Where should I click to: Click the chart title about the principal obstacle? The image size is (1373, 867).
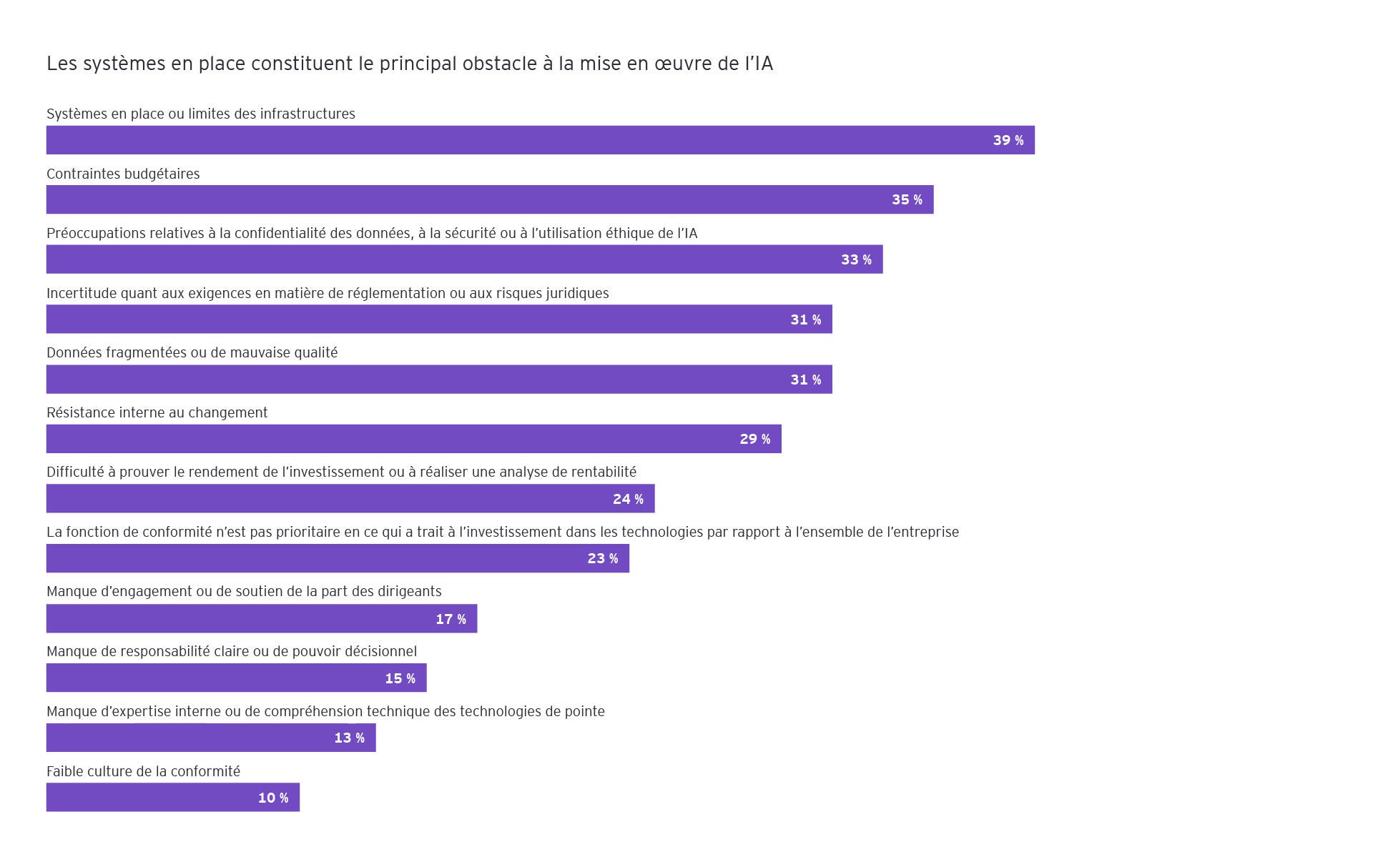tap(409, 64)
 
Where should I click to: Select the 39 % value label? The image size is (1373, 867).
tap(1008, 140)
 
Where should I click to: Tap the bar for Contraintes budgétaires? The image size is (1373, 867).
tap(489, 199)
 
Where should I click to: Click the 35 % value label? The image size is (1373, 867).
tap(907, 200)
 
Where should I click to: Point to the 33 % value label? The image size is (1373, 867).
tap(856, 259)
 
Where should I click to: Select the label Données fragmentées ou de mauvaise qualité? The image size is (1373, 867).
tap(192, 352)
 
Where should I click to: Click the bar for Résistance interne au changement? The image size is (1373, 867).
tap(413, 439)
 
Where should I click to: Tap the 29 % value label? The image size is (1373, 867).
tap(754, 439)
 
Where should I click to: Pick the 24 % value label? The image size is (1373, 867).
tap(628, 499)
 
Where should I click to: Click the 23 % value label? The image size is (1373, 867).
tap(602, 558)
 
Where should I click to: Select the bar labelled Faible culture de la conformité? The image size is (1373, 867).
tap(172, 797)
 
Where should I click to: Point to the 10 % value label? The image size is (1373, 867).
tap(273, 798)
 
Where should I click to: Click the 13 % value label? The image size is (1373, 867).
tap(349, 738)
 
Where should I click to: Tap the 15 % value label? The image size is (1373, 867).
tap(400, 678)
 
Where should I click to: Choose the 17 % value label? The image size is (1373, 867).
tap(451, 619)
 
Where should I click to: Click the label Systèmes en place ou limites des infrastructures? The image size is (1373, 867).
tap(200, 114)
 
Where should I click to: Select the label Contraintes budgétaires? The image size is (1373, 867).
tap(122, 174)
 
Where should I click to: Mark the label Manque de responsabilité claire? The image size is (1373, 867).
tap(231, 651)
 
